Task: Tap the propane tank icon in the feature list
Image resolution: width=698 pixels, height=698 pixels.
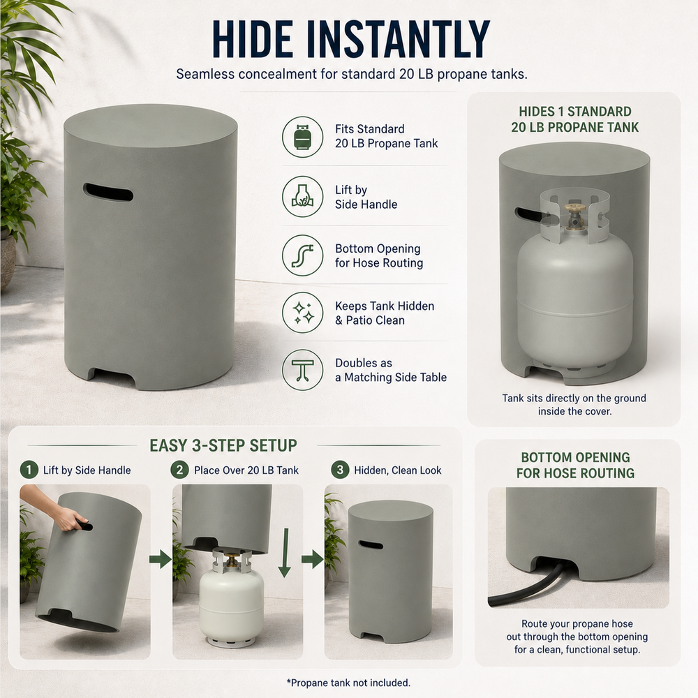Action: tap(303, 137)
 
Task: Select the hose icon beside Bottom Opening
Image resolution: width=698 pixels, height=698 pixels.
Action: tap(303, 255)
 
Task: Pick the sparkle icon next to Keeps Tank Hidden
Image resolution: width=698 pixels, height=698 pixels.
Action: tap(303, 313)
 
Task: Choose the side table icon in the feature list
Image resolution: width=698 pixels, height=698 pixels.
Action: tap(303, 370)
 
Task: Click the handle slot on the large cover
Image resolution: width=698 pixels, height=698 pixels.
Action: tap(107, 192)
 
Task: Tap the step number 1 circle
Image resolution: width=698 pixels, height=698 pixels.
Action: tap(29, 470)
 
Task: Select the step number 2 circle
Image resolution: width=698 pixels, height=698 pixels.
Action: tap(179, 470)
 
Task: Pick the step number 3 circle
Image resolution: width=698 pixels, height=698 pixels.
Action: tap(340, 470)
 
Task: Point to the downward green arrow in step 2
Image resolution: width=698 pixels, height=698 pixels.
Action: tap(285, 553)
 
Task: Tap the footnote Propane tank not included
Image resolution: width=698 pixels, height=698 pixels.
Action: tap(348, 683)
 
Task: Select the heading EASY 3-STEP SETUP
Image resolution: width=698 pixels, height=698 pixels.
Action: tap(223, 445)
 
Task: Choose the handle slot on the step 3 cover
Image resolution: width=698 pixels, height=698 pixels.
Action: tap(371, 544)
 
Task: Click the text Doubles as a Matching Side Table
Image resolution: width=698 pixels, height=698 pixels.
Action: tap(391, 370)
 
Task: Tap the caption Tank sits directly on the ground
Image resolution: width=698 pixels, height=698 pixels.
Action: tap(574, 398)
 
